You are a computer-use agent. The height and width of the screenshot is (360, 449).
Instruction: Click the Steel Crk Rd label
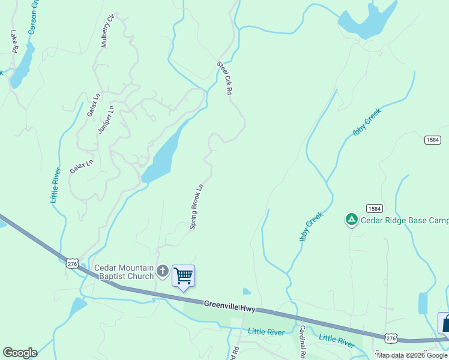point(224,79)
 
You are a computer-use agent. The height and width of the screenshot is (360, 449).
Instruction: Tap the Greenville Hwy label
point(229,307)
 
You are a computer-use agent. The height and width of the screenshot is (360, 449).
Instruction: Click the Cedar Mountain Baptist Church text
point(124,272)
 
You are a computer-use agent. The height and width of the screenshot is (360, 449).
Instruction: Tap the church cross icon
point(162,272)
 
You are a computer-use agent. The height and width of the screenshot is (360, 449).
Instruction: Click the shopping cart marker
point(183,276)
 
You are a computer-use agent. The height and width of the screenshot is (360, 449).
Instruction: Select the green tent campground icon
point(351,220)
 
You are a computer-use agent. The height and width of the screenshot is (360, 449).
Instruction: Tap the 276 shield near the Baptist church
point(73,264)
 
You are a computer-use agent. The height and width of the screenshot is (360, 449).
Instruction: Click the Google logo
point(20,353)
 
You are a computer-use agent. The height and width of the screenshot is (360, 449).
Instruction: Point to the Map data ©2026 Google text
point(412,355)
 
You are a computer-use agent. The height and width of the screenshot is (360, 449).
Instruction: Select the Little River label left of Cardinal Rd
point(266,332)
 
